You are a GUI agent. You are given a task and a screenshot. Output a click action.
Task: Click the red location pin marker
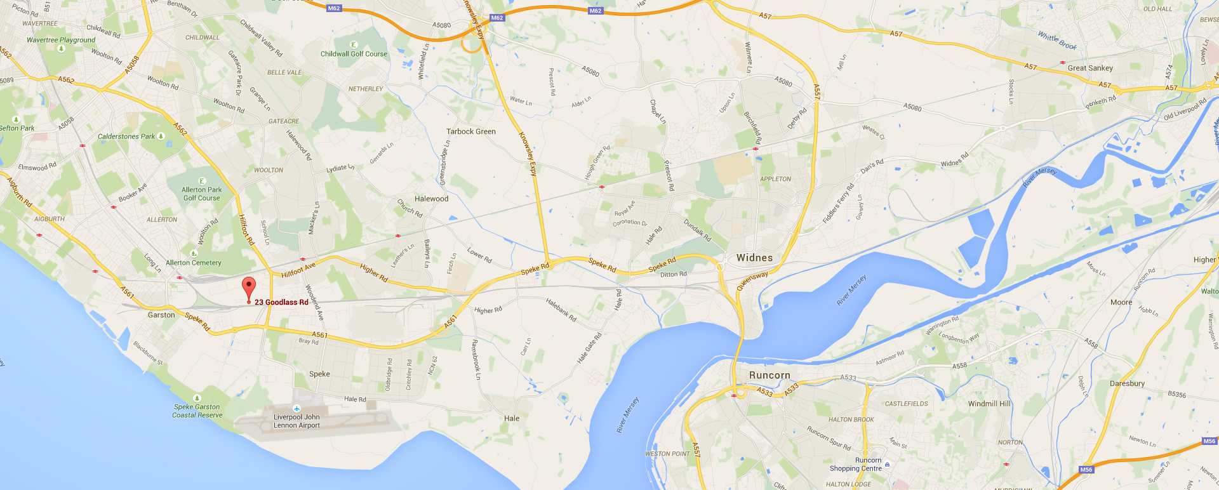[x=249, y=287]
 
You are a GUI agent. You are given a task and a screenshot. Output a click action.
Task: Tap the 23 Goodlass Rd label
[x=281, y=302]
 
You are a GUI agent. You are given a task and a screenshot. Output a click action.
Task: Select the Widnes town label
[x=754, y=258]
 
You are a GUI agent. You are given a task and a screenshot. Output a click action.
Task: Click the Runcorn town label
[x=769, y=375]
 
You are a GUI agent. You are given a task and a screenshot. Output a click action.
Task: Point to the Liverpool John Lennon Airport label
[x=296, y=421]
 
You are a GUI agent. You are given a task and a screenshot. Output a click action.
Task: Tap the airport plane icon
[x=296, y=408]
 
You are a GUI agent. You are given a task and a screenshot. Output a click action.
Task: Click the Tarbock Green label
[x=471, y=131]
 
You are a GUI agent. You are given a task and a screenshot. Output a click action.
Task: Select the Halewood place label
[x=431, y=199]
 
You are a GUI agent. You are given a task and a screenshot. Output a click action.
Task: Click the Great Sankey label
[x=1090, y=68]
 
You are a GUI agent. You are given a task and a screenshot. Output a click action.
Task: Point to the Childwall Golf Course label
[x=354, y=54]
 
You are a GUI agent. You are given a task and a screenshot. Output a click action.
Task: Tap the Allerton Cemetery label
[x=194, y=263]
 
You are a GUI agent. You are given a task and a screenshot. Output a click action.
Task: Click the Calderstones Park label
[x=126, y=136]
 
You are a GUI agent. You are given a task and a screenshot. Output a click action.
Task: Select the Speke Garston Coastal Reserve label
[x=197, y=411]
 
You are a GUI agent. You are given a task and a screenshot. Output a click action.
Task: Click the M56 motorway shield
[x=1086, y=470]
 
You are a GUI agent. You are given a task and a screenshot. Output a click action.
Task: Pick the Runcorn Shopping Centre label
[x=856, y=465]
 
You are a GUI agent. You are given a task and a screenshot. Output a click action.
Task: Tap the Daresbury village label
[x=1127, y=383]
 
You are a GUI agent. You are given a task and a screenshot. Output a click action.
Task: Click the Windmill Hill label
[x=989, y=404]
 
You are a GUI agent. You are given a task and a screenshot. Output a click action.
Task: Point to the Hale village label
[x=512, y=418]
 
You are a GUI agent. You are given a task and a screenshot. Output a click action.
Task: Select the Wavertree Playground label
[x=61, y=40]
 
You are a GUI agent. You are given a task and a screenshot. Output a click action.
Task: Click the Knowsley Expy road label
[x=528, y=153]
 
